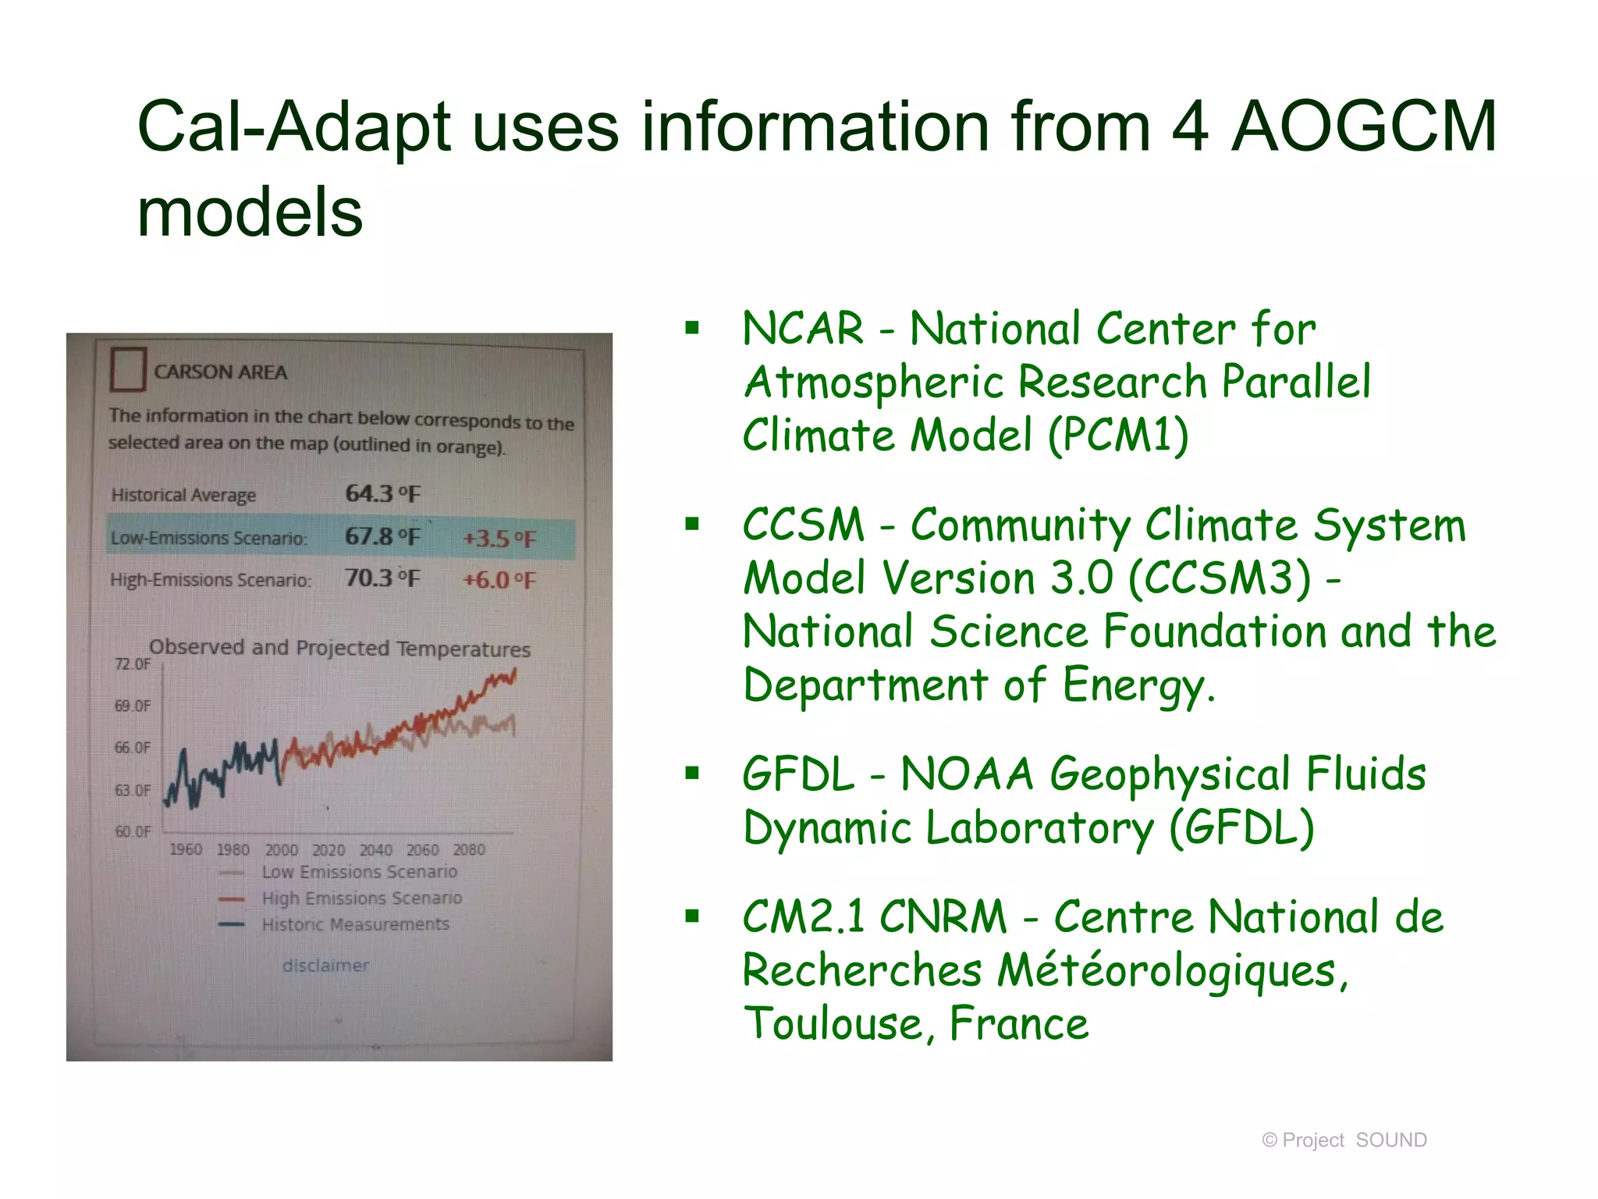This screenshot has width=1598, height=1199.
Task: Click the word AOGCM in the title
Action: tap(1363, 127)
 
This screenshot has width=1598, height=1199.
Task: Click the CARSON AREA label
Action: tap(220, 372)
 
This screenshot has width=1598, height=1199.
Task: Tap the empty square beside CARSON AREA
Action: tap(128, 369)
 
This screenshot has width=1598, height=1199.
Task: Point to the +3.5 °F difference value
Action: tap(499, 539)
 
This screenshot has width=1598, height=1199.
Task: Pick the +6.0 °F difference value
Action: tap(499, 580)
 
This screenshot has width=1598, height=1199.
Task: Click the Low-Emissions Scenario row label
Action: tap(209, 538)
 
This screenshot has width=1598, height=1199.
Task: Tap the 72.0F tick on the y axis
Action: tap(133, 664)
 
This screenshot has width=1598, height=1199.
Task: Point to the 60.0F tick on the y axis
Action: tap(133, 831)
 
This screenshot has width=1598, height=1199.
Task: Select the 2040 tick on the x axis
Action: tap(375, 850)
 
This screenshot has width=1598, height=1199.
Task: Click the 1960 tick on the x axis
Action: tap(186, 849)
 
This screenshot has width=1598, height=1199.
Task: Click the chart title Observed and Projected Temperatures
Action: tap(339, 648)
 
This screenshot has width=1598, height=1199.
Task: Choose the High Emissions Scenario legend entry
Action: tap(361, 898)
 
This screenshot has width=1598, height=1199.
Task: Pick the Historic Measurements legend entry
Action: tap(355, 924)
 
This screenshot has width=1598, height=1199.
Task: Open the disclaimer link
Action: tap(325, 966)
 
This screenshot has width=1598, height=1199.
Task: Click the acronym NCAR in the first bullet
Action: tap(802, 329)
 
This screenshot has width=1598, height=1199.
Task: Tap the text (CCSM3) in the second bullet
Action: tap(1220, 578)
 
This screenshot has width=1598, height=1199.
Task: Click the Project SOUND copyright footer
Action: tap(1344, 1140)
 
